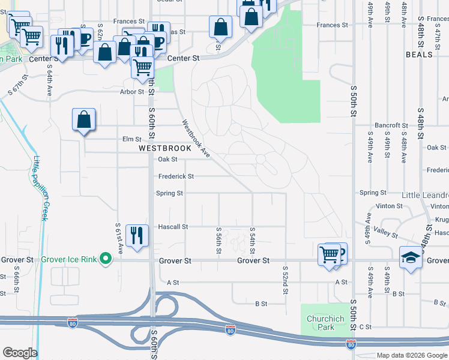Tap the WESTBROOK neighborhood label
pyautogui.click(x=165, y=148)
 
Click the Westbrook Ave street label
pyautogui.click(x=196, y=139)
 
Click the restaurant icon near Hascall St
pyautogui.click(x=138, y=235)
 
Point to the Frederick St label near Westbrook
pyautogui.click(x=176, y=176)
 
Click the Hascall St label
pyautogui.click(x=173, y=227)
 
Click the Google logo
pyautogui.click(x=20, y=353)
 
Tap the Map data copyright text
pyautogui.click(x=412, y=355)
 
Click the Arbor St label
pyautogui.click(x=132, y=92)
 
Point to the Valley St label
pyautogui.click(x=385, y=232)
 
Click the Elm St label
pyautogui.click(x=131, y=139)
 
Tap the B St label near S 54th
pyautogui.click(x=261, y=304)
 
